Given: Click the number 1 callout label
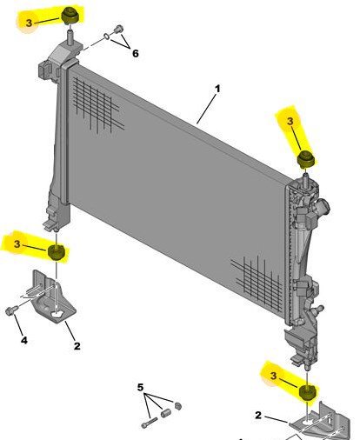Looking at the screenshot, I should coord(217,89).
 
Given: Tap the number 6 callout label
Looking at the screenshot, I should coord(135,54).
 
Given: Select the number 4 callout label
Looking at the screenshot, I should coord(24,340).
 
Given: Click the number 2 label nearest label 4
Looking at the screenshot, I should coord(77,346).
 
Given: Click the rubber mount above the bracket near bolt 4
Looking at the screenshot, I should coord(57,253).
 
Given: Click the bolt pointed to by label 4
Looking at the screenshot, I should coord(12,310).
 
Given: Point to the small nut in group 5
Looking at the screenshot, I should coord(178,406).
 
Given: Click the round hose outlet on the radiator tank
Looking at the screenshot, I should coord(323,210).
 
